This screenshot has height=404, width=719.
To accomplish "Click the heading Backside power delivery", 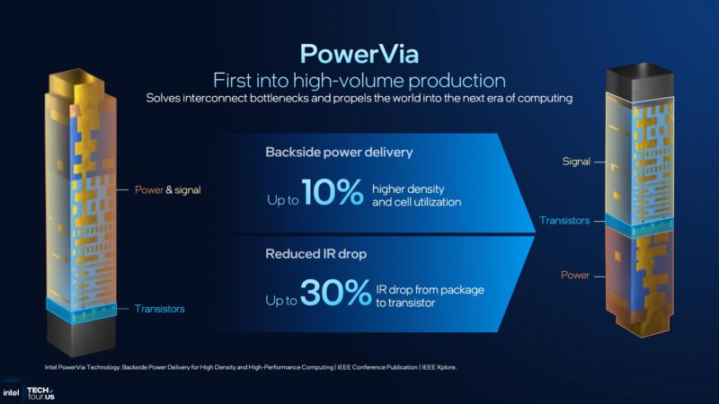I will [x=339, y=152].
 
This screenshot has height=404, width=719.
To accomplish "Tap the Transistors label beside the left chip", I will [x=160, y=309].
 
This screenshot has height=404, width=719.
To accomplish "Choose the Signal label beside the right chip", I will [x=576, y=162].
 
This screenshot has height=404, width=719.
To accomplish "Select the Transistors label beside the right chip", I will [x=564, y=220].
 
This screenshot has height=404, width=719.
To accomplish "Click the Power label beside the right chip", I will [x=575, y=275].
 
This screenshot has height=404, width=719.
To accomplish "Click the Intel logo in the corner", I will [x=11, y=392].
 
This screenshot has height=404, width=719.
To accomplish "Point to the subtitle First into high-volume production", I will [x=359, y=79].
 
